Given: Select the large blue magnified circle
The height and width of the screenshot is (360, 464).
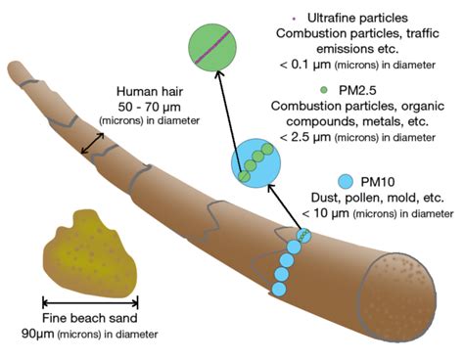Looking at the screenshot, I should pos(255,161).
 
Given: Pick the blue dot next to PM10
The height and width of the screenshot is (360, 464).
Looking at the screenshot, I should pos(345,180).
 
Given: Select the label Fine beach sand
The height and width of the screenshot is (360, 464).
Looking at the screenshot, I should pos(90,319).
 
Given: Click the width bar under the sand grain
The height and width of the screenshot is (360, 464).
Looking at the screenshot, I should pos(90,301).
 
